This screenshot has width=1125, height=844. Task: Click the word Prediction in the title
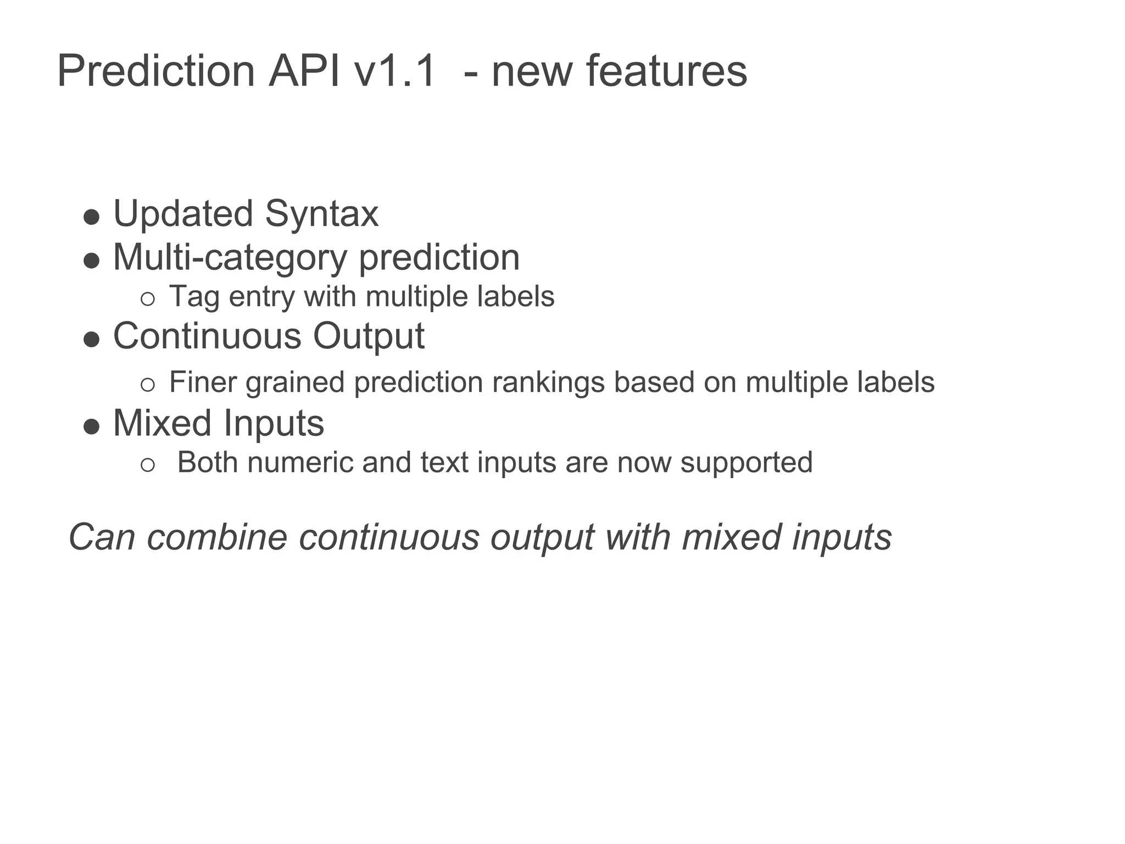[156, 71]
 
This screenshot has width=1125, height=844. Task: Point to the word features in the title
[666, 71]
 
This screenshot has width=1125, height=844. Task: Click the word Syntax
[321, 214]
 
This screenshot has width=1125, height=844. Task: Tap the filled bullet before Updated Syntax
[91, 216]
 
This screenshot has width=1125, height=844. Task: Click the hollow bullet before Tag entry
[147, 299]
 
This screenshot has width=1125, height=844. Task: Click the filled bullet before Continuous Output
[91, 339]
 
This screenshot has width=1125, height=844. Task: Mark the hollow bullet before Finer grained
[147, 385]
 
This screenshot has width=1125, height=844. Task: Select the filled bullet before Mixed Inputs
[91, 426]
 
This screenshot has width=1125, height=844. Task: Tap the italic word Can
[102, 537]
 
